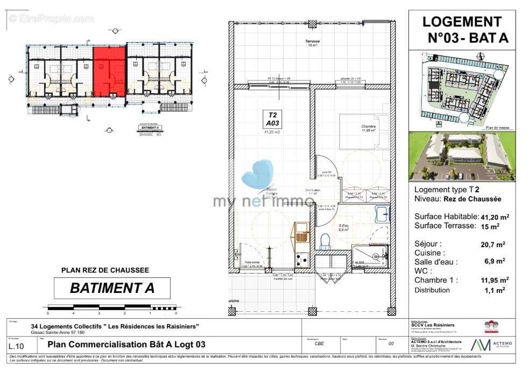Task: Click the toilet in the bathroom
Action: click(325, 241)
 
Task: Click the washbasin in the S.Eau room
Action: click(383, 215)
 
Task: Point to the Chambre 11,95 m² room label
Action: click(368, 129)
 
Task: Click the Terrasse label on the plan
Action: click(312, 43)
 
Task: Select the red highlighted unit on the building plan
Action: click(109, 72)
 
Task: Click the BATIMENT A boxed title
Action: click(112, 288)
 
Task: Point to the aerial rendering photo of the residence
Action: click(462, 156)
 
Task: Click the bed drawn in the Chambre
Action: click(364, 132)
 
